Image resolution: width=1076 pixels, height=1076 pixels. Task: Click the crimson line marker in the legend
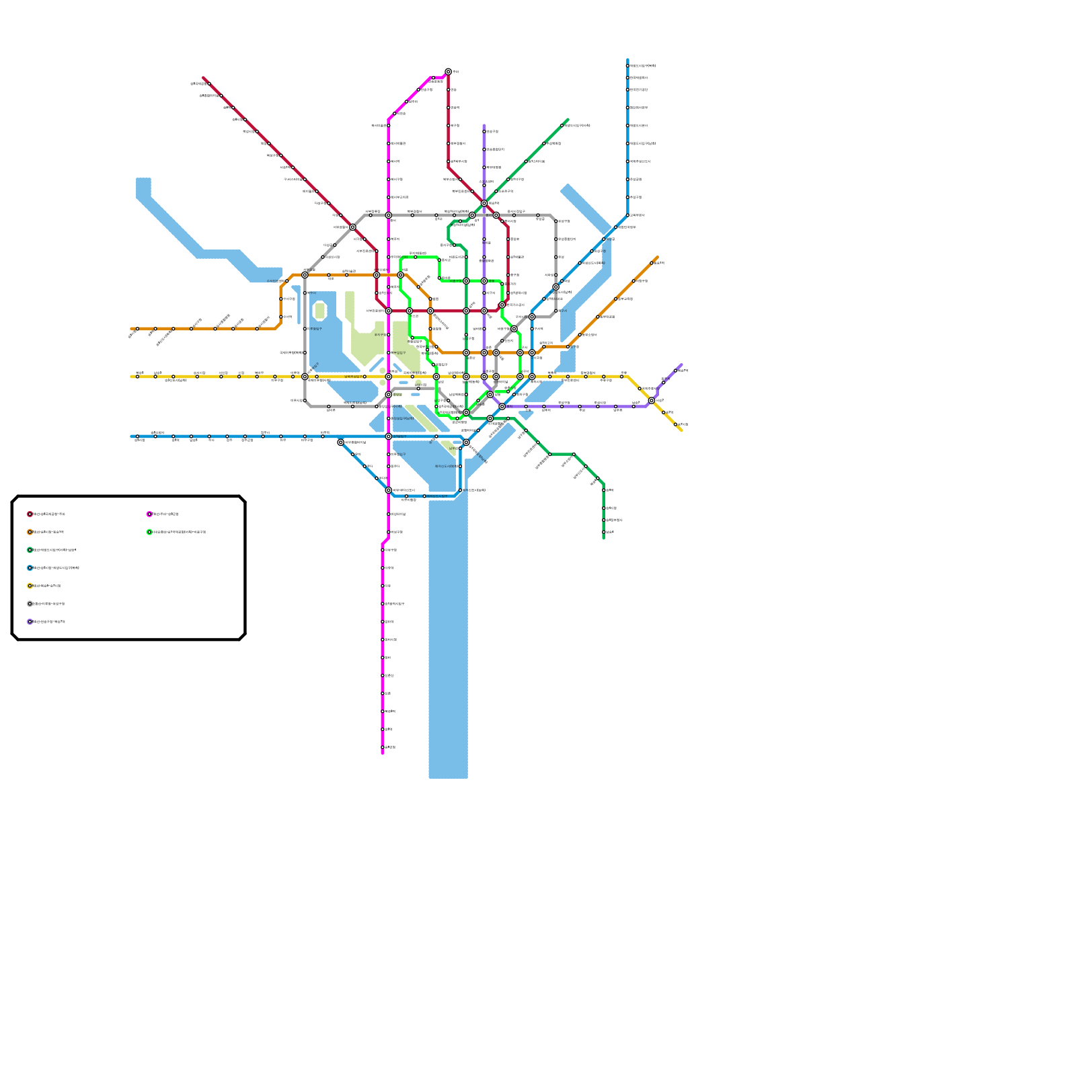click(30, 514)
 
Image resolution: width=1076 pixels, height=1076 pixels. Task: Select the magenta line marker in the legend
click(149, 514)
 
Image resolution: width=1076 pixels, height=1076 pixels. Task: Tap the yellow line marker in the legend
click(30, 586)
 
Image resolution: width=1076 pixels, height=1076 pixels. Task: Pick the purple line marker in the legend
click(30, 622)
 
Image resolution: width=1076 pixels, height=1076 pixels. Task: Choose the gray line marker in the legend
click(30, 604)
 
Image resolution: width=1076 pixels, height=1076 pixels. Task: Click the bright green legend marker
click(149, 532)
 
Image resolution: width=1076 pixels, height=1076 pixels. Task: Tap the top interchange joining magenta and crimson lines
click(448, 72)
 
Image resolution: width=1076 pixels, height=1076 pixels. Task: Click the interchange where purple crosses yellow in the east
click(652, 401)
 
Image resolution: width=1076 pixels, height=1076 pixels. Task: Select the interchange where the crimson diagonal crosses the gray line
click(352, 227)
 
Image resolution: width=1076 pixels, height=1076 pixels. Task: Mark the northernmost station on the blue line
click(627, 66)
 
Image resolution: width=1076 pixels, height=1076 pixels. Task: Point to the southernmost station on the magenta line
click(383, 747)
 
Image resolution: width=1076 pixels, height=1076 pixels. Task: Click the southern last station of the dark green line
click(604, 532)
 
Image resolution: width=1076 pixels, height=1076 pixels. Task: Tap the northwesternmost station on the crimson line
click(209, 84)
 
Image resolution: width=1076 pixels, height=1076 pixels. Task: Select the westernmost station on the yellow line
click(137, 377)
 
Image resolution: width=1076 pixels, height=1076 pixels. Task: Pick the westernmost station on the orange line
click(137, 329)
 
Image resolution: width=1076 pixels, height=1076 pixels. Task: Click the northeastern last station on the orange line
click(652, 263)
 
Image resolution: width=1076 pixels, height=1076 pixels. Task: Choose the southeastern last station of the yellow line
click(676, 424)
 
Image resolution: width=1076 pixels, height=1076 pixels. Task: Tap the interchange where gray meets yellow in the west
click(305, 377)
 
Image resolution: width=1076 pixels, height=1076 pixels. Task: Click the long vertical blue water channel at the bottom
click(448, 639)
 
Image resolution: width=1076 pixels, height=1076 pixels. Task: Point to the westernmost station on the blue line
click(137, 436)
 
